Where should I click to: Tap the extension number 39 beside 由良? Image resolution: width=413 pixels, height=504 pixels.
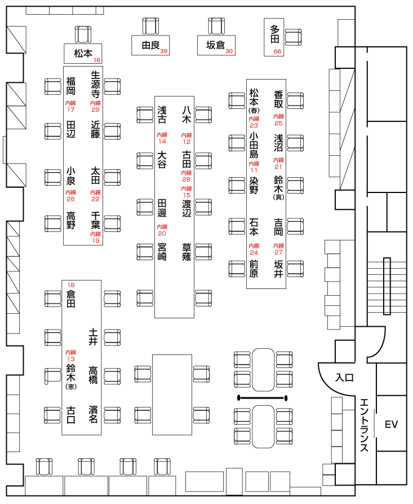click(164, 51)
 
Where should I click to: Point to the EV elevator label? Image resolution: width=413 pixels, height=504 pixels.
click(391, 424)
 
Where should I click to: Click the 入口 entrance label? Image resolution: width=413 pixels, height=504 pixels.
click(344, 378)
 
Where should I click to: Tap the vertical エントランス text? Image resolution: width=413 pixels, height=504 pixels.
click(365, 424)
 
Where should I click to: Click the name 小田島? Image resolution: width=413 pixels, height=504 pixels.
click(254, 146)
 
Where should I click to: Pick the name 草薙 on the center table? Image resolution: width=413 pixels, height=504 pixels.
click(186, 252)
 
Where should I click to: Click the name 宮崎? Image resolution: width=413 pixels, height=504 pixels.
click(162, 252)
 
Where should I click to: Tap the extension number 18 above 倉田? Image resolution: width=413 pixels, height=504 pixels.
click(71, 284)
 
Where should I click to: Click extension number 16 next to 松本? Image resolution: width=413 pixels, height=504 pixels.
click(97, 60)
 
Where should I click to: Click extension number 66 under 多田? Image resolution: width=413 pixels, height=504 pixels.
click(277, 52)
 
